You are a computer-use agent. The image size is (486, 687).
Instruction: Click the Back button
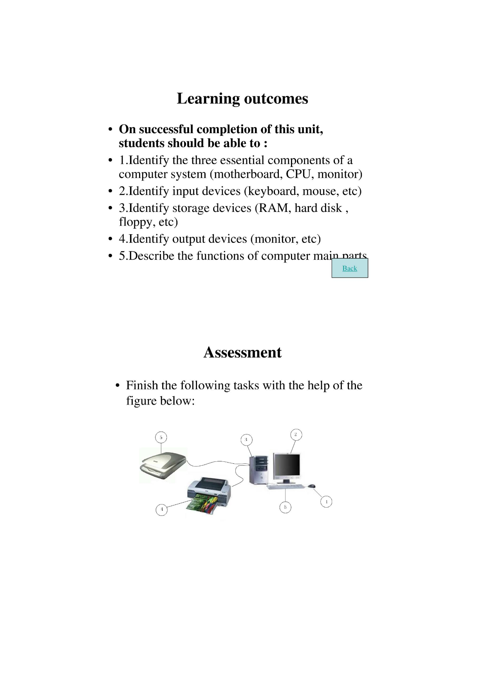[349, 268]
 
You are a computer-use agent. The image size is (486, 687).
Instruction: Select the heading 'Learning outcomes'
[242, 99]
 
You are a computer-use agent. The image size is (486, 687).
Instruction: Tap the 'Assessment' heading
[242, 353]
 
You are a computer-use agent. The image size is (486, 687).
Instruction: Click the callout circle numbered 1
[326, 502]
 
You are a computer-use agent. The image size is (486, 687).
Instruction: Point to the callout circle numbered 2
[296, 435]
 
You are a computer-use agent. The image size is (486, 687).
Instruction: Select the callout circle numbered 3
[246, 440]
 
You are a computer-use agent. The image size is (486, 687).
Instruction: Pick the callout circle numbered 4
[162, 510]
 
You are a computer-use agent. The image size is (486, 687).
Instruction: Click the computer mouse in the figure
[311, 486]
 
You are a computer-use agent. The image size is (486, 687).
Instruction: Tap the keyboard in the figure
[286, 487]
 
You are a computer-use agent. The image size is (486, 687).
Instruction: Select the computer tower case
[259, 470]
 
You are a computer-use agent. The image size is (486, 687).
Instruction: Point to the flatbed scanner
[163, 464]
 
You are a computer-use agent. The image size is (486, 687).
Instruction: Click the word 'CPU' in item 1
[298, 174]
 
